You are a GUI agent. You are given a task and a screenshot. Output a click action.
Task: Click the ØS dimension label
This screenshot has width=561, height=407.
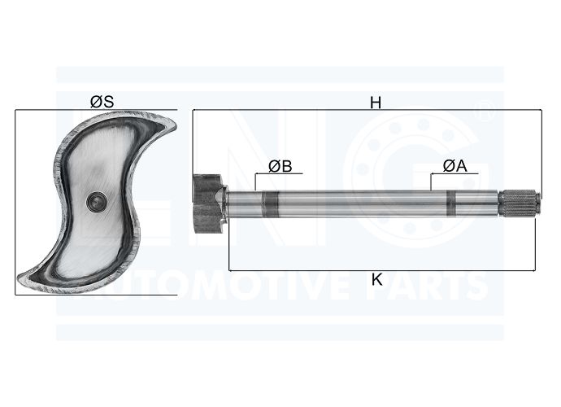pos(102,102)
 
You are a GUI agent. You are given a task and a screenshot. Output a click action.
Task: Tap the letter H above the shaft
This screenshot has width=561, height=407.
pos(376,103)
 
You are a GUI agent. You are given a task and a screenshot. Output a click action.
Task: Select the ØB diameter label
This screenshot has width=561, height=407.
pos(280,166)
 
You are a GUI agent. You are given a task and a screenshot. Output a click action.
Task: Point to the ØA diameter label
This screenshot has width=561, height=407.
pos(455,166)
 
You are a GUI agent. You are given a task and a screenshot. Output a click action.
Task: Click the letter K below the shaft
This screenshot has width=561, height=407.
pos(376,279)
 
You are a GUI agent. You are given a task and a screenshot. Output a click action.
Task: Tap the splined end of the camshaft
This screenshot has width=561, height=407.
pos(520,204)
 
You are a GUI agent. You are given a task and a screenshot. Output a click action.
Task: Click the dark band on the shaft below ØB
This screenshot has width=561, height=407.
pos(270,204)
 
